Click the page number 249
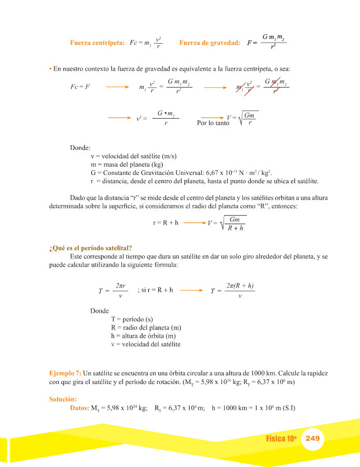click(312, 438)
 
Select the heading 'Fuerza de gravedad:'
click(210, 43)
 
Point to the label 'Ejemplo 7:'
click(65, 373)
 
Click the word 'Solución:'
click(63, 399)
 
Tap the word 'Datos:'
click(79, 408)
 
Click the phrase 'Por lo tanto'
click(213, 123)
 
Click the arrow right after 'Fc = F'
click(117, 87)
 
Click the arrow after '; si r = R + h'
click(190, 290)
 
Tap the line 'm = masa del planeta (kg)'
click(127, 164)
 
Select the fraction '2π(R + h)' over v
click(239, 291)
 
